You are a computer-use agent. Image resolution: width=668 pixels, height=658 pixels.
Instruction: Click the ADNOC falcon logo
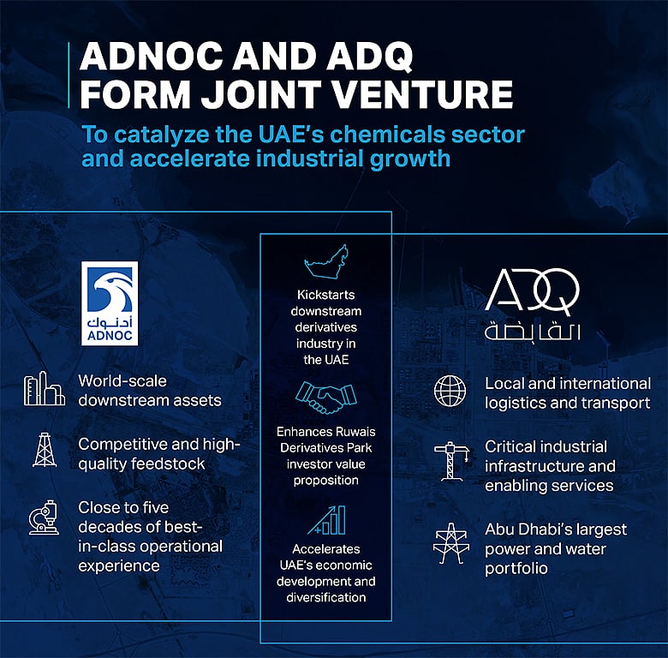pyautogui.click(x=109, y=291)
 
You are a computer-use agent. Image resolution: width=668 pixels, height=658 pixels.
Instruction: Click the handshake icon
pyautogui.click(x=326, y=398)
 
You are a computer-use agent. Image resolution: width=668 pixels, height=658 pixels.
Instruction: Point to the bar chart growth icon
pyautogui.click(x=326, y=519)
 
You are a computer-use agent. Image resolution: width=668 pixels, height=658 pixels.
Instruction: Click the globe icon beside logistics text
pyautogui.click(x=450, y=391)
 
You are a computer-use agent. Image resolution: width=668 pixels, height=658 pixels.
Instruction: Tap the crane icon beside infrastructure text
pyautogui.click(x=450, y=463)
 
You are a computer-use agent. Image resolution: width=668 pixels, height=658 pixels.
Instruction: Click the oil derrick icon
pyautogui.click(x=45, y=452)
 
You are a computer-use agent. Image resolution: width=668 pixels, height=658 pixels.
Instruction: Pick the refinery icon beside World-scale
pyautogui.click(x=45, y=390)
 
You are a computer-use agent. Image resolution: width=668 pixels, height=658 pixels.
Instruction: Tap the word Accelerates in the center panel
pyautogui.click(x=326, y=548)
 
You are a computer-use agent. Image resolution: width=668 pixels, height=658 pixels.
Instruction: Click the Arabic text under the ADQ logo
pyautogui.click(x=532, y=332)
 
